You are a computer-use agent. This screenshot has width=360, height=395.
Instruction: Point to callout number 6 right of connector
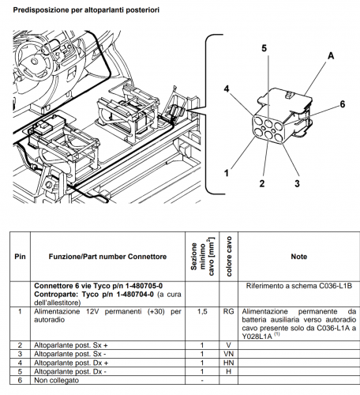point(342,104)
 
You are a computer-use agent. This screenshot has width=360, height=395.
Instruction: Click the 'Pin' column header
point(20,257)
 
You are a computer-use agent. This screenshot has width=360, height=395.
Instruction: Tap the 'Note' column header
point(298,257)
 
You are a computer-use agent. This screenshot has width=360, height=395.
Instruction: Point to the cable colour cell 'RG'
point(227,312)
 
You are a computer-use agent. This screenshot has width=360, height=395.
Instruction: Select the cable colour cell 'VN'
point(227,355)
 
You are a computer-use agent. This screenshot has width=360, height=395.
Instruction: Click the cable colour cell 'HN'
point(227,363)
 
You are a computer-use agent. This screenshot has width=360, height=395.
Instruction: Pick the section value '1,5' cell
point(202,312)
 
